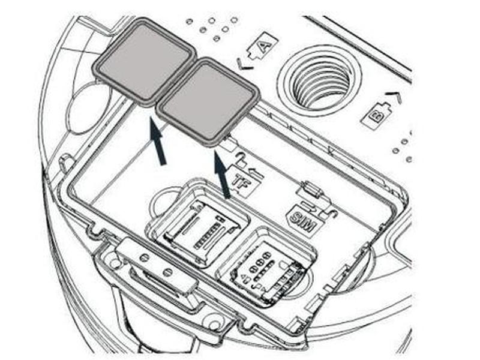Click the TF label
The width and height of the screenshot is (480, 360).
(x=245, y=182)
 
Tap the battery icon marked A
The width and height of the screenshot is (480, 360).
(x=263, y=47)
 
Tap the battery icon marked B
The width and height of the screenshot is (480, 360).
(x=376, y=116)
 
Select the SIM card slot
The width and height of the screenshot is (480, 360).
(x=266, y=267)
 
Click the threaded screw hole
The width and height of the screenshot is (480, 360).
(x=321, y=81)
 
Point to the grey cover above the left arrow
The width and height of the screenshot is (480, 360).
(x=144, y=62)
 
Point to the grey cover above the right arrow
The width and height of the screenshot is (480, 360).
(x=208, y=101)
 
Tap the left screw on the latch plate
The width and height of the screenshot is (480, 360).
(x=143, y=258)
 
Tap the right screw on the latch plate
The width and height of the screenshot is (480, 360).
(x=167, y=272)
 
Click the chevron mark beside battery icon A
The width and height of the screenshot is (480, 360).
(x=245, y=64)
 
